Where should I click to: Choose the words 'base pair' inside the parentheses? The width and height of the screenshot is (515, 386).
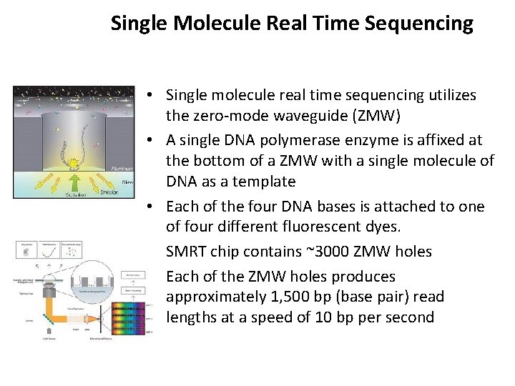click(x=381, y=297)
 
